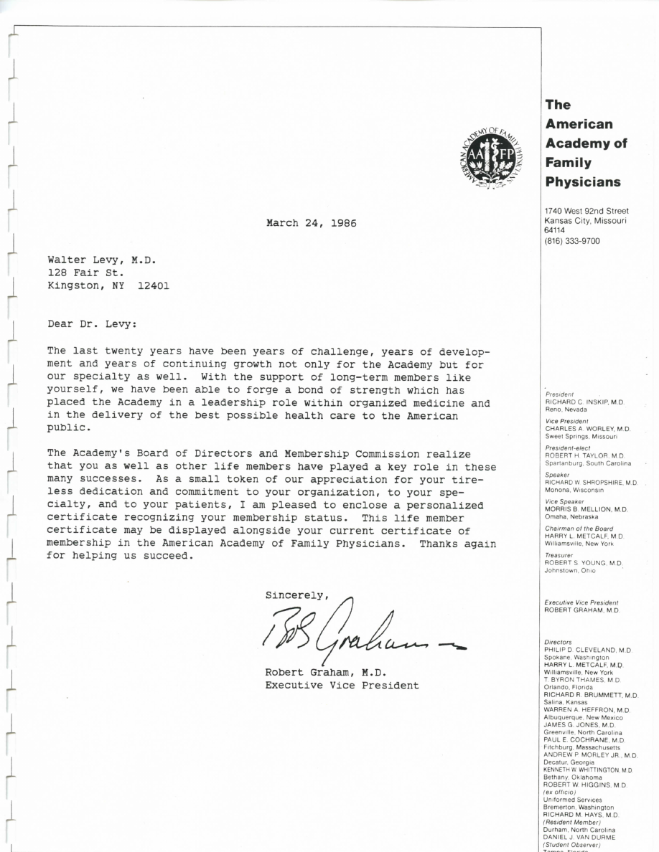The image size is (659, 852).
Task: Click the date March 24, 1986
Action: pos(311,223)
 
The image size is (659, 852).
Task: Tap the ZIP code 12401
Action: pos(153,285)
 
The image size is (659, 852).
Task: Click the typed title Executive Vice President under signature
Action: pos(342,686)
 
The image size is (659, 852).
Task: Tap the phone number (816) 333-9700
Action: pos(572,241)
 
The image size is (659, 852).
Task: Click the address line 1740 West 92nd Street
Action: pos(586,211)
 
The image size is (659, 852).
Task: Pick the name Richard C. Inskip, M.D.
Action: pos(584,402)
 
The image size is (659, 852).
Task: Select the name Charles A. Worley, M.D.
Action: pos(587,428)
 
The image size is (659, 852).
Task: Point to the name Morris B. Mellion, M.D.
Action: pos(586,509)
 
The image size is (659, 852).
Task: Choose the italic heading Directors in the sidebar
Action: pos(558,642)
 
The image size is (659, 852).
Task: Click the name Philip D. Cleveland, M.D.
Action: pos(588,650)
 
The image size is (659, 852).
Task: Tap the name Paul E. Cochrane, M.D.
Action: pos(584,740)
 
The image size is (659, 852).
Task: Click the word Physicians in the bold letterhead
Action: pos(582,182)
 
